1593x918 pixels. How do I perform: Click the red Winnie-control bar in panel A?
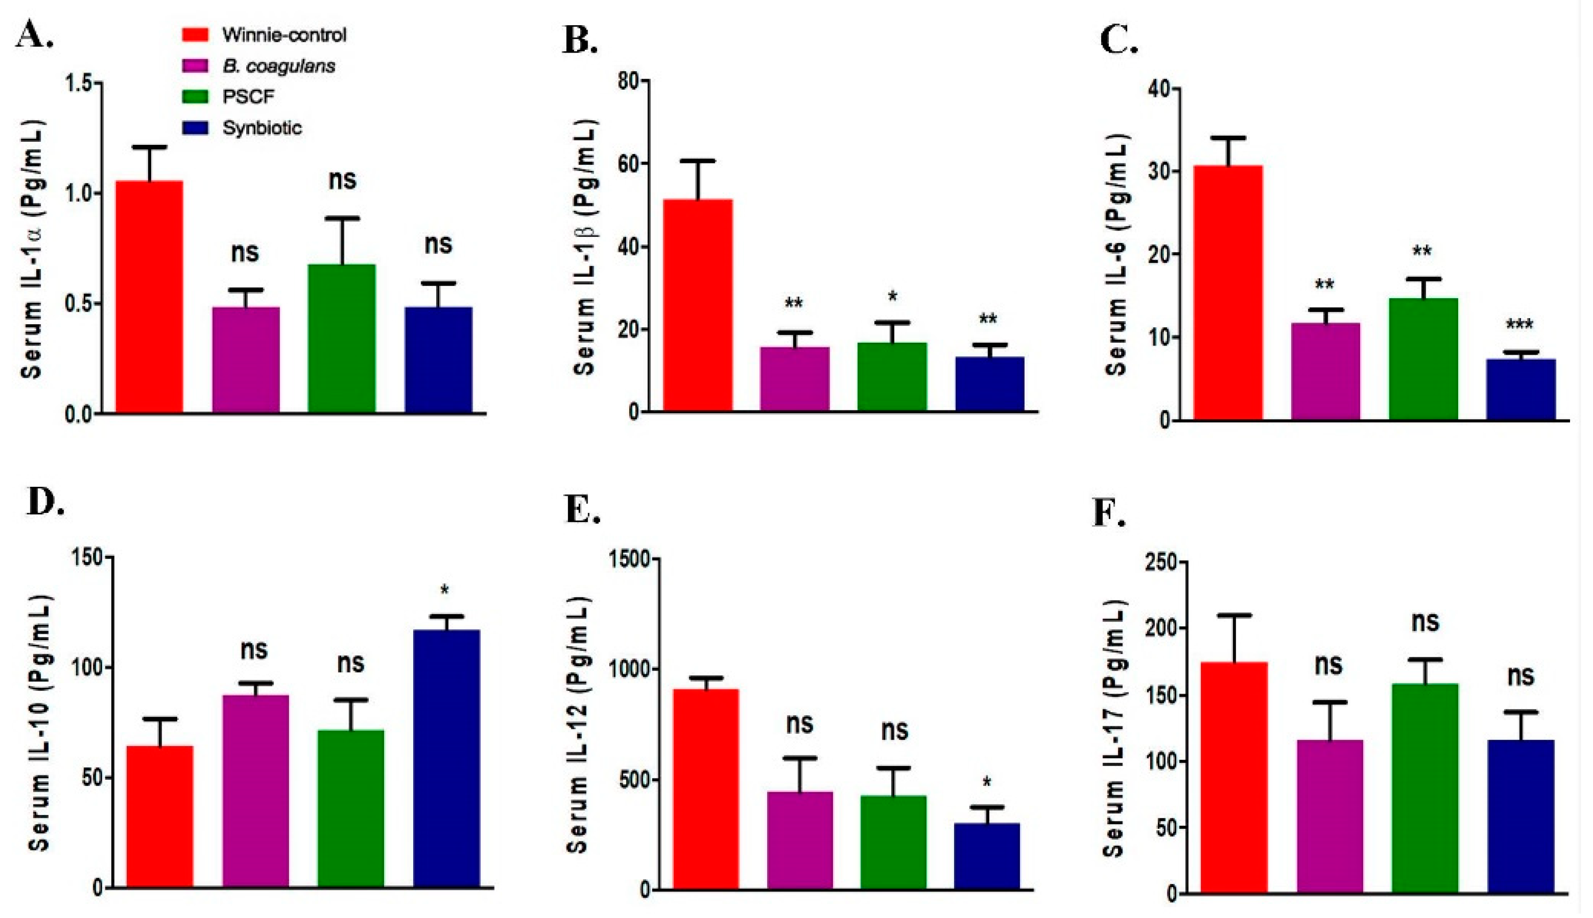(149, 296)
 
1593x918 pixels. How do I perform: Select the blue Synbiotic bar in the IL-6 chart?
(1521, 389)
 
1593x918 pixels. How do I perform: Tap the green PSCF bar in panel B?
(892, 377)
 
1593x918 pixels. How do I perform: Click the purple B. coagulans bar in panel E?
(800, 840)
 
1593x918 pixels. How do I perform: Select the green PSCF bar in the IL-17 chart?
(1425, 788)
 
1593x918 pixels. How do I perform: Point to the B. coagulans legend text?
(279, 65)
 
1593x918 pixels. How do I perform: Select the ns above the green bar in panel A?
(342, 180)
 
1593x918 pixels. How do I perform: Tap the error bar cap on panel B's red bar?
(697, 161)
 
